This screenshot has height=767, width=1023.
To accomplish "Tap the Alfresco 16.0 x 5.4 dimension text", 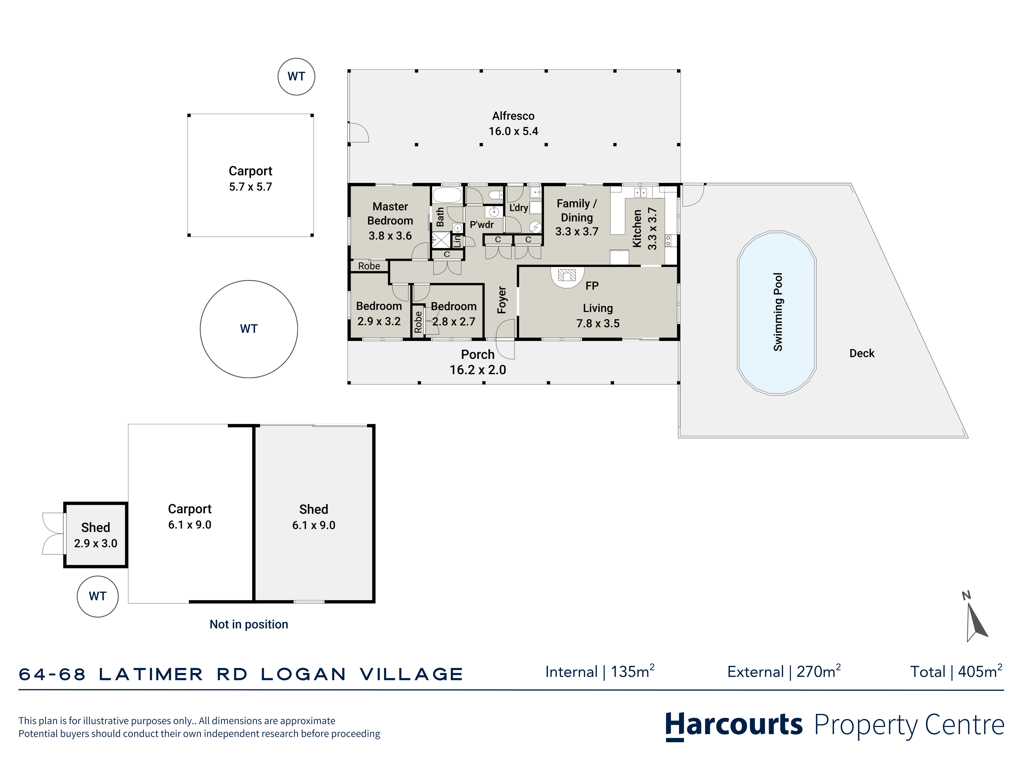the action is (513, 131).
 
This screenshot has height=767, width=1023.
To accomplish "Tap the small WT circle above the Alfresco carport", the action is (296, 77).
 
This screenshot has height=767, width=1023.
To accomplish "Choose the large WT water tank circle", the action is (249, 329).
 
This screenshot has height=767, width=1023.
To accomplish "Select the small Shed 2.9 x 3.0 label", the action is (96, 535).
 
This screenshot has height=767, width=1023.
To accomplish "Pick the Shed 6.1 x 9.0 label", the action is (314, 517).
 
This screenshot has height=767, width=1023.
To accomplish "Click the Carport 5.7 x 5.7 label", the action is (251, 178).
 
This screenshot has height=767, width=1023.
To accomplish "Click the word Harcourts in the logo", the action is (734, 725).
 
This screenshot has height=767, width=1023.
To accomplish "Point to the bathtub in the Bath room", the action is (447, 195).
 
